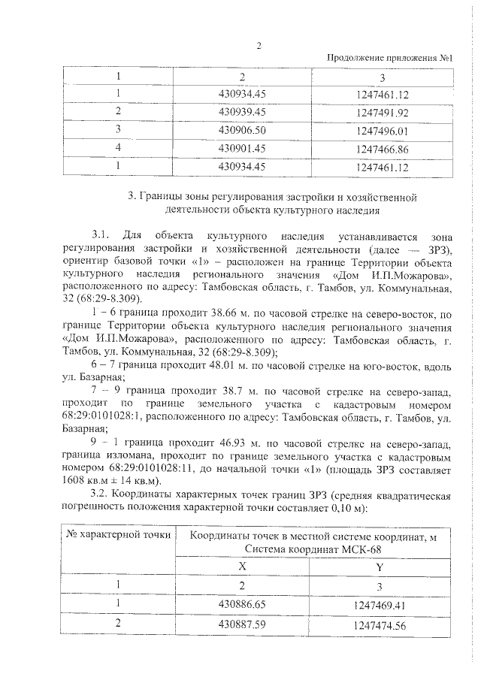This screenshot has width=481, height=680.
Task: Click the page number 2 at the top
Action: (x=259, y=45)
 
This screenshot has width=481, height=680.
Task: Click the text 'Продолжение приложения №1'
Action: (x=395, y=59)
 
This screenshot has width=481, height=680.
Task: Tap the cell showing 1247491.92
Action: (x=382, y=113)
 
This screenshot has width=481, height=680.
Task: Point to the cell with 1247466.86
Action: (x=382, y=149)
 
